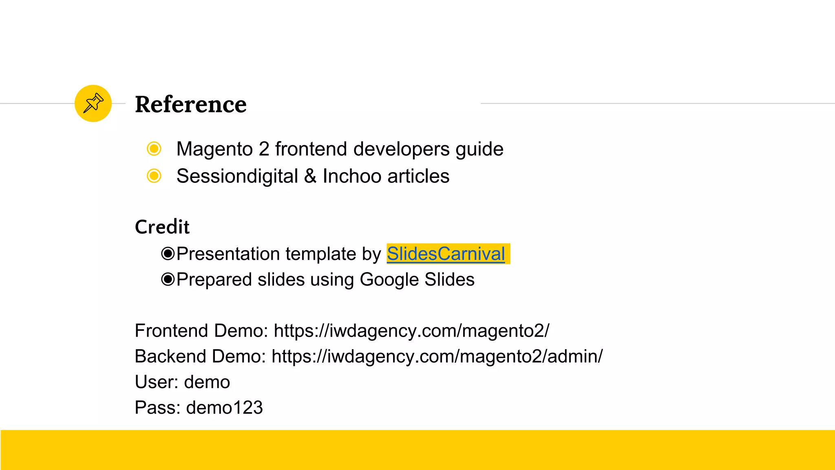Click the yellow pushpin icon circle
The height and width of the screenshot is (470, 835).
tap(93, 103)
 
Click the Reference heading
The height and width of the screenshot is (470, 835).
tap(190, 104)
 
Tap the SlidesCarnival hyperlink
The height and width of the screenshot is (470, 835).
tap(446, 254)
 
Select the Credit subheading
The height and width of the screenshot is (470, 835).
tap(162, 227)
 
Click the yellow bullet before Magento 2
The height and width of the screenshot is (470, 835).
tap(154, 149)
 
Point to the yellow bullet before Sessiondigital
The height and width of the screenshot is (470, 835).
tap(154, 176)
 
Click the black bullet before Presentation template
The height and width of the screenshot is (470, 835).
tap(168, 254)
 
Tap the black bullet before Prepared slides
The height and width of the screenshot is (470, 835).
tap(168, 279)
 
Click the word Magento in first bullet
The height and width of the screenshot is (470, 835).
tap(214, 149)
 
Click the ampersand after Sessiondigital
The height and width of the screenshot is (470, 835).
tap(310, 176)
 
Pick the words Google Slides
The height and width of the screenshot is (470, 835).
tap(417, 280)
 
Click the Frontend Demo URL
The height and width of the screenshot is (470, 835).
tap(411, 331)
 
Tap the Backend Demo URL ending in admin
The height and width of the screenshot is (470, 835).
tap(437, 357)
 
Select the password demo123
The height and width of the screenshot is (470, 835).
tap(224, 408)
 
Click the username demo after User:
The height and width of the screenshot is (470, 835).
tap(207, 382)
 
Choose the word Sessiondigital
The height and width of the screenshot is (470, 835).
tap(237, 176)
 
